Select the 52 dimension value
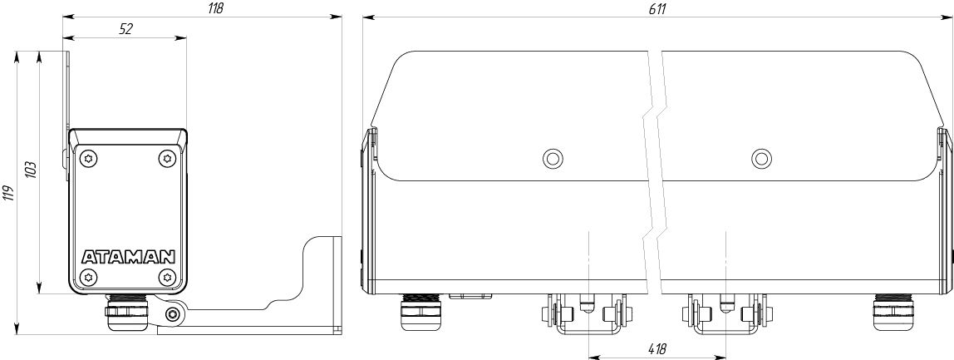pos(126,29)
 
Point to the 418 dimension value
pos(657,350)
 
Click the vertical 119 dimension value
pos(9,195)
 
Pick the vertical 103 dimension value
pos(32,170)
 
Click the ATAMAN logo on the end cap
pos(128,256)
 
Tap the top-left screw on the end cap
pos(90,159)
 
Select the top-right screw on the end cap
pos(167,159)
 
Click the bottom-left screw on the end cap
pos(90,276)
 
